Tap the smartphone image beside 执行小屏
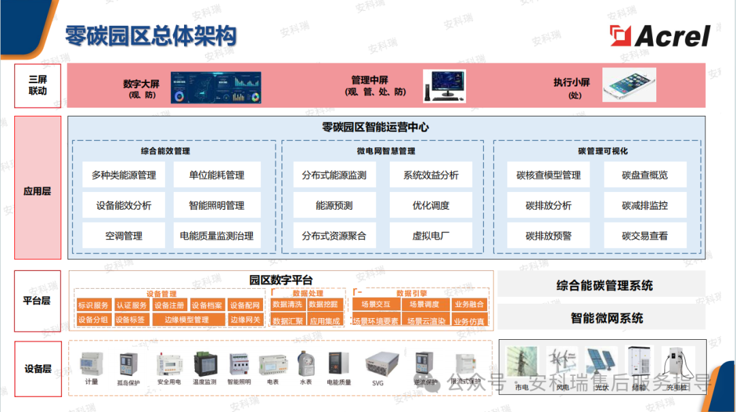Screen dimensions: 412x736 (632, 84)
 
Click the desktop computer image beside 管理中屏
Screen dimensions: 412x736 (444, 86)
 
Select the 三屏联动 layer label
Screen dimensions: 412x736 (37, 86)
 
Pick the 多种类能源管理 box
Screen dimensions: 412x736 (123, 175)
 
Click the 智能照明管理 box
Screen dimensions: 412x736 (216, 205)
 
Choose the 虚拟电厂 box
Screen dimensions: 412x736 (431, 236)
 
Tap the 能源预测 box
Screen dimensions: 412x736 (334, 205)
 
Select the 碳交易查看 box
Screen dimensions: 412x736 (645, 236)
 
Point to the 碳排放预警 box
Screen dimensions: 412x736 (549, 236)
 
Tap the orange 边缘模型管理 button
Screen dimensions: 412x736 (187, 320)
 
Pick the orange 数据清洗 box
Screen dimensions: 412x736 (287, 304)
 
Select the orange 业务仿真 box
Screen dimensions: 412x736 (469, 321)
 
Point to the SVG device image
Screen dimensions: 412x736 (379, 363)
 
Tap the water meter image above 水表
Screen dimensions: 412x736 (305, 363)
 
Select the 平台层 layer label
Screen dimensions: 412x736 (37, 300)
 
